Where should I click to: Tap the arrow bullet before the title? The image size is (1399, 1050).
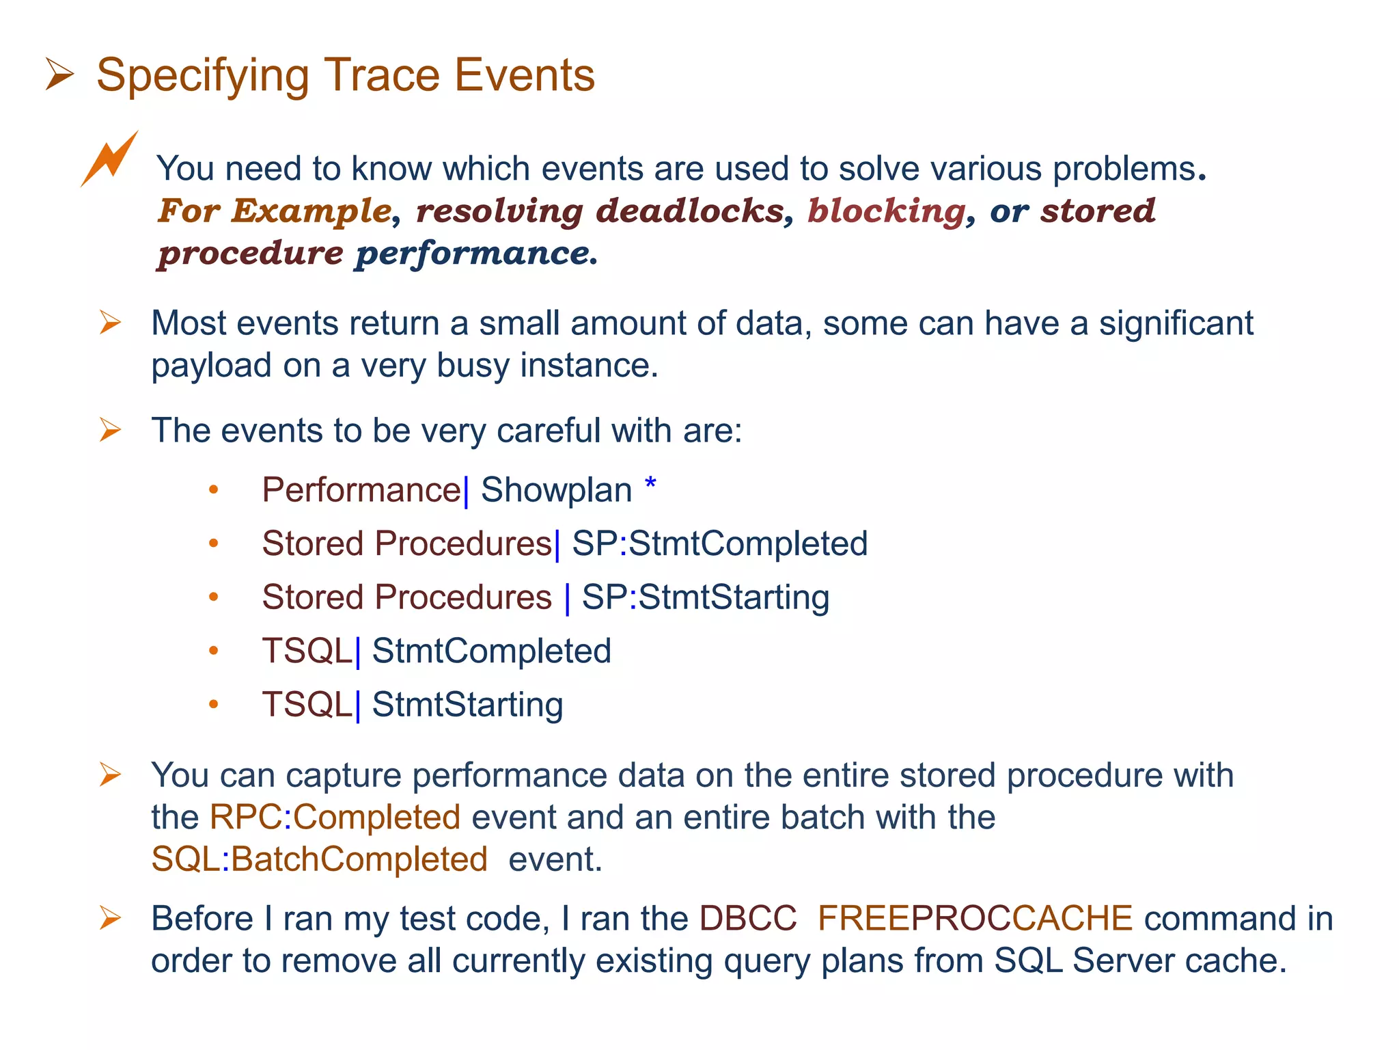(x=59, y=75)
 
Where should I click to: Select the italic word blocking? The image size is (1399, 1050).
(x=886, y=211)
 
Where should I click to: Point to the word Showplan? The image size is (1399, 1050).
(x=556, y=490)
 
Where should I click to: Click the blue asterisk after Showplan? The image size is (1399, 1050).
(x=650, y=485)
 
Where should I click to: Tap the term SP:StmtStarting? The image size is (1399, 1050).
(x=706, y=597)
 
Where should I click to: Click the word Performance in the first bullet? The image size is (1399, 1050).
(x=361, y=490)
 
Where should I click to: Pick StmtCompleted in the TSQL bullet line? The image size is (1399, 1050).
(x=491, y=650)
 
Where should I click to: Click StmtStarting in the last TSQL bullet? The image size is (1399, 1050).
(x=467, y=704)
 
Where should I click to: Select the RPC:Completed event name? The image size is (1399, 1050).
(x=335, y=817)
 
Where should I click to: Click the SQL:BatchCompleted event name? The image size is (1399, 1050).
(x=319, y=859)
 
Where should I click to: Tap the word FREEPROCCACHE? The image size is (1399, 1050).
(x=975, y=918)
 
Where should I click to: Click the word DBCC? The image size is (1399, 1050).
(x=748, y=918)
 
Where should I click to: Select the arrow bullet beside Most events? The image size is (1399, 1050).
(x=110, y=322)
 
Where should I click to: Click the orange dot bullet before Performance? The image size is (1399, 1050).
(x=214, y=489)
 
